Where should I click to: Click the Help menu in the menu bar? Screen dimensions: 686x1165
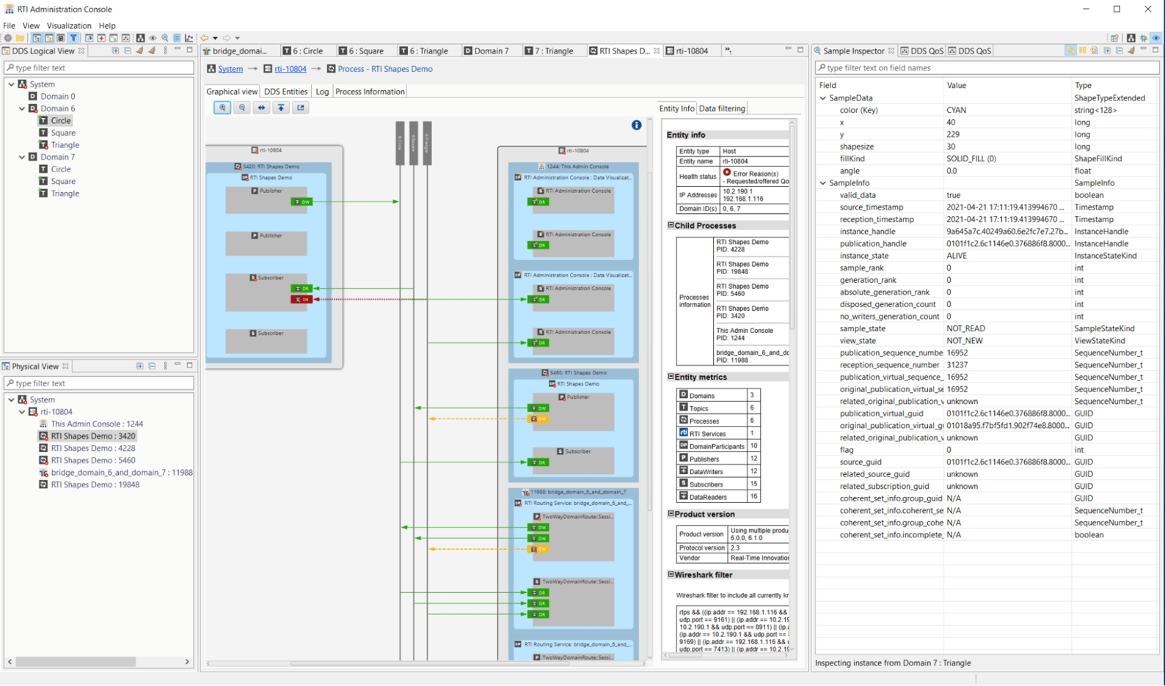coord(107,26)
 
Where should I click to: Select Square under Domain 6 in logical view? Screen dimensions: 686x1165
coord(63,133)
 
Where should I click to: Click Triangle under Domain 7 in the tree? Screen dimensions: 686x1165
coord(65,193)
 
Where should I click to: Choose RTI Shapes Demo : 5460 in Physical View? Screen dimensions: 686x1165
coord(93,460)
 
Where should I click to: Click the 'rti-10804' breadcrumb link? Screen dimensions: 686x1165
coord(291,69)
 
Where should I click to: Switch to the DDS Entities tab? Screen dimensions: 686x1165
coord(285,92)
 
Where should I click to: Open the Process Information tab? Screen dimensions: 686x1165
coord(370,92)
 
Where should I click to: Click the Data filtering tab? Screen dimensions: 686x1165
coord(722,108)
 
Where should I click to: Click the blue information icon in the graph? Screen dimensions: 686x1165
coord(636,125)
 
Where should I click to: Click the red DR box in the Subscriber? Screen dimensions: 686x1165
coord(302,299)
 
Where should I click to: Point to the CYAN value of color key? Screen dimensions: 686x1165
coord(956,110)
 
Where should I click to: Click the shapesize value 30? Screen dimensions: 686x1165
coord(951,147)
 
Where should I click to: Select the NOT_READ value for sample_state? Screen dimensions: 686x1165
coord(965,328)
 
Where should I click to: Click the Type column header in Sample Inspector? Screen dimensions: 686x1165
coord(1083,85)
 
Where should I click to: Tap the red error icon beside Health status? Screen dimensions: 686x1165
coord(727,173)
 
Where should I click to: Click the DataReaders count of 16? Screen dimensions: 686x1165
coord(753,497)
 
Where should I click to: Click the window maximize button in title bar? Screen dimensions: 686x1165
coord(1117,10)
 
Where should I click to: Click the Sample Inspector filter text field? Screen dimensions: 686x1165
coord(987,67)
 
